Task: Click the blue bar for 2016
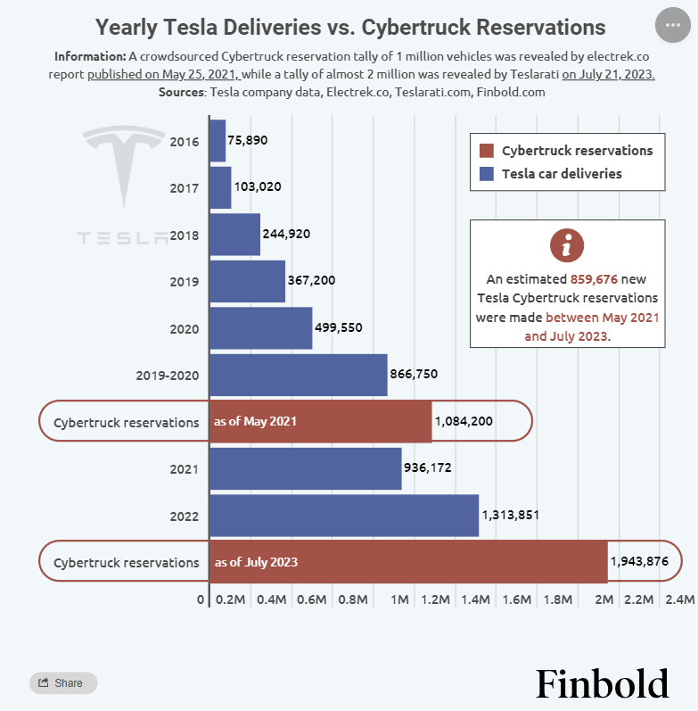(x=218, y=141)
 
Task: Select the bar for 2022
(x=344, y=516)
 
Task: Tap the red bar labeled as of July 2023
(x=408, y=562)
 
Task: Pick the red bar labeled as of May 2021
(x=320, y=421)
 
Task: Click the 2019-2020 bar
(x=299, y=375)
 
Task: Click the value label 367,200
(x=311, y=281)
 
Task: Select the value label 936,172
(x=432, y=468)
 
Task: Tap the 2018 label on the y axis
(x=184, y=235)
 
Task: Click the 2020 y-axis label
(x=184, y=328)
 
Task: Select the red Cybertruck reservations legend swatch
(x=486, y=151)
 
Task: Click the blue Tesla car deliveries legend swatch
(x=486, y=174)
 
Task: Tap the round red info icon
(x=567, y=245)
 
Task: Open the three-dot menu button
(x=673, y=26)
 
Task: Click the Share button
(x=62, y=683)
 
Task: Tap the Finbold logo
(x=602, y=684)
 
